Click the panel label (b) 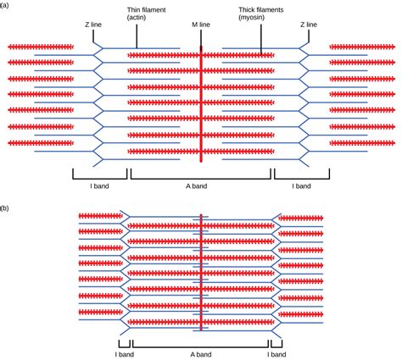tap(6, 207)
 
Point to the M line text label tap(201, 25)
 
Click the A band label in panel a tap(201, 184)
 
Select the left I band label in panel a tap(100, 184)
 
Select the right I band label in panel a tap(302, 184)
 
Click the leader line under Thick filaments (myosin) tap(260, 41)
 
